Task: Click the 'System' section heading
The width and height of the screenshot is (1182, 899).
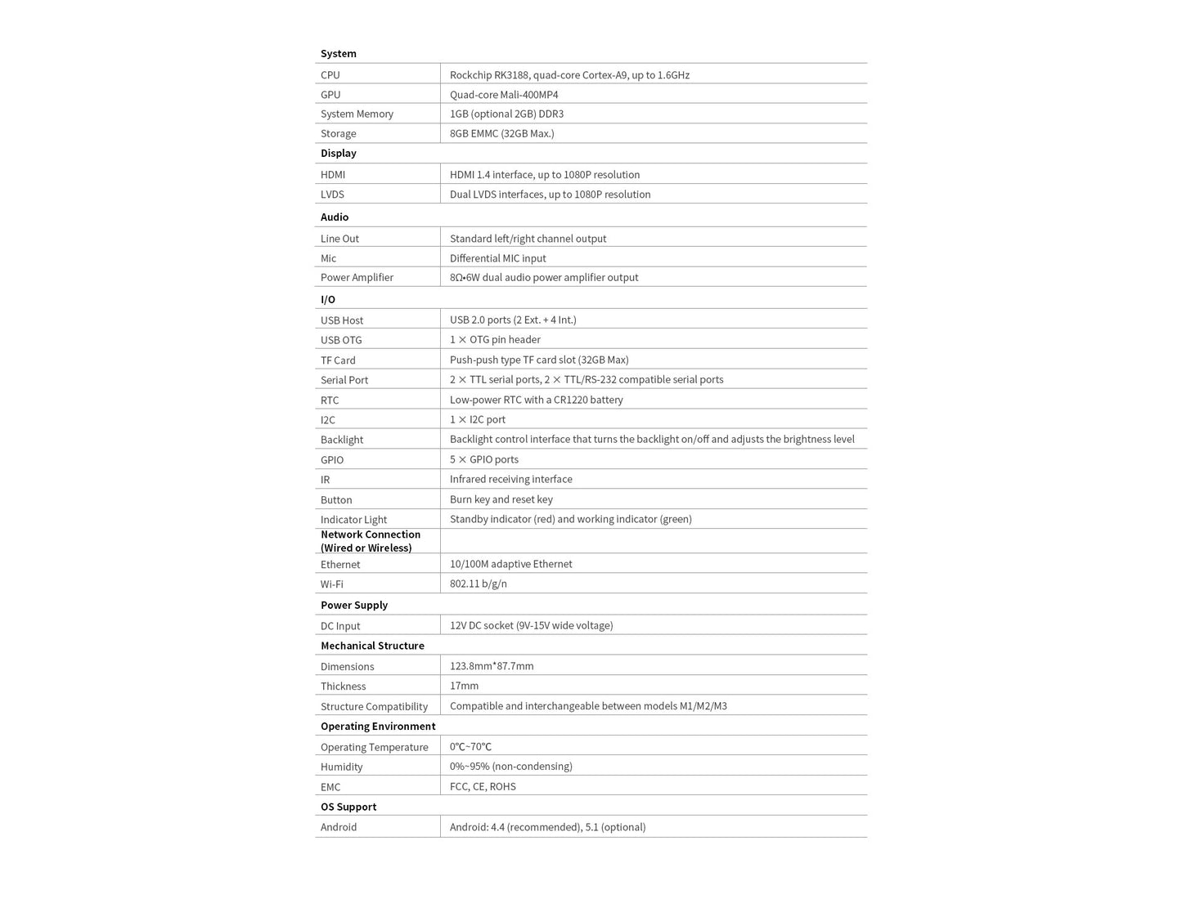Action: click(338, 53)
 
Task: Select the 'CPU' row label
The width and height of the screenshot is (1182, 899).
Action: click(330, 75)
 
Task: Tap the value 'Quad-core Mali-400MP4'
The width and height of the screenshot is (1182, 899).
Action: click(504, 95)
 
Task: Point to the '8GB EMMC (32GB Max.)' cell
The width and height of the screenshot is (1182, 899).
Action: click(501, 133)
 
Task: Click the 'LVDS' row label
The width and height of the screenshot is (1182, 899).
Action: click(332, 195)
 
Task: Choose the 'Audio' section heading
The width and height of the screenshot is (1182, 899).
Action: click(334, 217)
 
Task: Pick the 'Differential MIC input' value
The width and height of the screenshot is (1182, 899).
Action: click(497, 258)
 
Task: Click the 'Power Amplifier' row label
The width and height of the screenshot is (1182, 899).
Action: click(357, 278)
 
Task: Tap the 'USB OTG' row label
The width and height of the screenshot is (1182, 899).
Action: click(340, 340)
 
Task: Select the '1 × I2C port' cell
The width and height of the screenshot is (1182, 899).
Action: click(477, 419)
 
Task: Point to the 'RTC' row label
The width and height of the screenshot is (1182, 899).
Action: click(329, 400)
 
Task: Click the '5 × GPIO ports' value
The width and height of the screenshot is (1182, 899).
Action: click(483, 459)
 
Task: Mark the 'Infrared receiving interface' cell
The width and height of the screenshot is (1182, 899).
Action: click(510, 479)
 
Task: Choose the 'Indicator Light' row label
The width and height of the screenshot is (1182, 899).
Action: click(353, 520)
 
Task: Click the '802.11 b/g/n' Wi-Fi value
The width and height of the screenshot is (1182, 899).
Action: click(478, 584)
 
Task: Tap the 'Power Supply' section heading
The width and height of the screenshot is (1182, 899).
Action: click(353, 605)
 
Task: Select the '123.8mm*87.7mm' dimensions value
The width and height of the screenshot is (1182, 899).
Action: click(491, 666)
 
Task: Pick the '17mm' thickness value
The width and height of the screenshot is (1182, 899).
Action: click(464, 686)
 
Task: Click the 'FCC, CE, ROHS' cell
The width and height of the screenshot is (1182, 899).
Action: click(483, 786)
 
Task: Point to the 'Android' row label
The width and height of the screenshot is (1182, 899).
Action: click(338, 827)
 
